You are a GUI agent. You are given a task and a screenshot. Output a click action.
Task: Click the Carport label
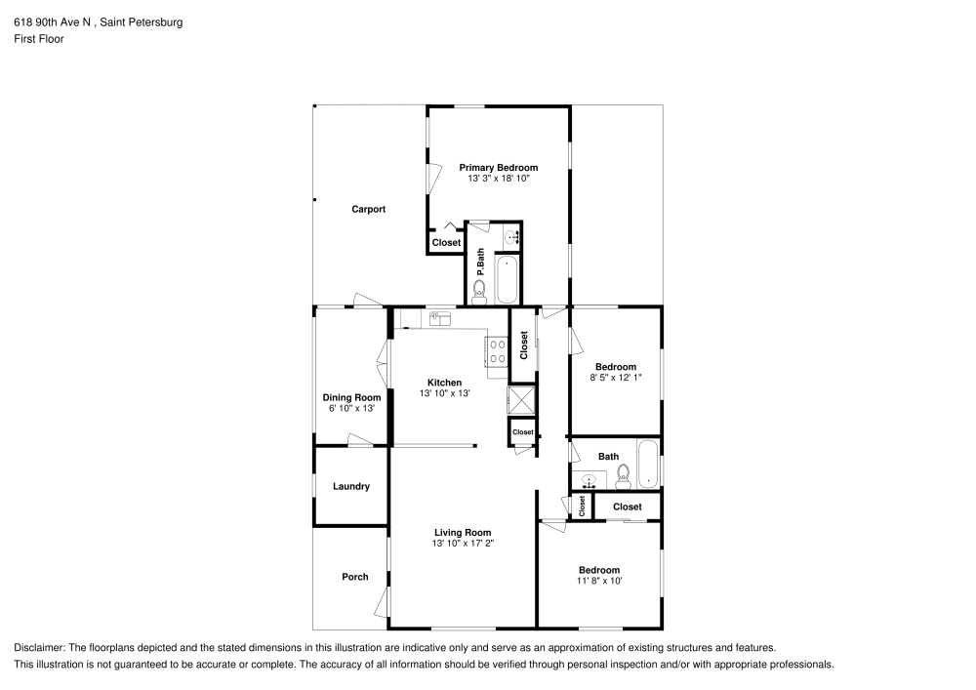click(368, 210)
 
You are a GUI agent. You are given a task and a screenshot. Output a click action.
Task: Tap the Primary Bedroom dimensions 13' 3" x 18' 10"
click(498, 179)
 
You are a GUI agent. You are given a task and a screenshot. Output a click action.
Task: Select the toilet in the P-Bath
click(479, 290)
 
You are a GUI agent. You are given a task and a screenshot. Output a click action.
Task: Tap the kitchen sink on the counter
click(439, 317)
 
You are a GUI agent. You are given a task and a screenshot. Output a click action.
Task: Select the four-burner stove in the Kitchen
click(497, 350)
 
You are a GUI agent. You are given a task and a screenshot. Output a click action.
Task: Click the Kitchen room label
click(444, 383)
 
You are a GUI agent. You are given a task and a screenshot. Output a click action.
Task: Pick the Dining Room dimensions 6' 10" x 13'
click(351, 409)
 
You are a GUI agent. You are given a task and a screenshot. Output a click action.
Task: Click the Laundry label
click(350, 486)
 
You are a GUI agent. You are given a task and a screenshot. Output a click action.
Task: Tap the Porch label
click(355, 577)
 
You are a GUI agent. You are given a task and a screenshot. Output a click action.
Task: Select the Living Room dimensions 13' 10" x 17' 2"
click(463, 544)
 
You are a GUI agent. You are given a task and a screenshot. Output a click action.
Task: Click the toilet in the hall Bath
click(623, 475)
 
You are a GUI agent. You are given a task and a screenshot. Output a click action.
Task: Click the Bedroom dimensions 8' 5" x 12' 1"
click(616, 378)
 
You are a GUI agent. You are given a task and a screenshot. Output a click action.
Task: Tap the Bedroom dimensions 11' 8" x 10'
click(598, 581)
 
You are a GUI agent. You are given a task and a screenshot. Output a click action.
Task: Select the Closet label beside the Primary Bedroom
click(446, 243)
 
